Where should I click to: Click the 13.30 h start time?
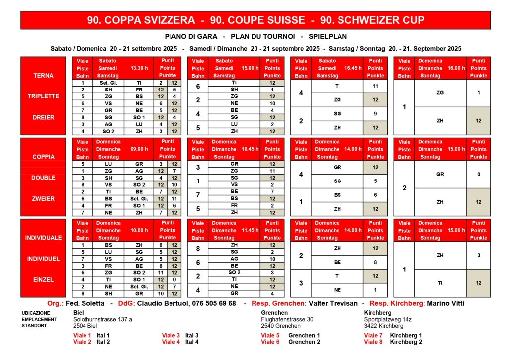[139, 68]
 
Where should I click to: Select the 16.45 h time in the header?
[352, 68]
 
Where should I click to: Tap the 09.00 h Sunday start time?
[139, 149]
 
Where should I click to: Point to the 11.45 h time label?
[250, 230]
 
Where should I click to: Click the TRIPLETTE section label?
[43, 96]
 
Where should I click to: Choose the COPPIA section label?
[43, 157]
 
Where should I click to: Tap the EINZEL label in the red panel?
[43, 280]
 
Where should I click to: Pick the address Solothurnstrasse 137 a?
[102, 319]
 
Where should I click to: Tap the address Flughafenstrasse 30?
[287, 319]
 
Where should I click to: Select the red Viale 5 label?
[270, 335]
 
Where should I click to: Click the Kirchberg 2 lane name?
[406, 342]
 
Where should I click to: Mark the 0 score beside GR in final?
[478, 175]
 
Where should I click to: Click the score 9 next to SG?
[375, 114]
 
